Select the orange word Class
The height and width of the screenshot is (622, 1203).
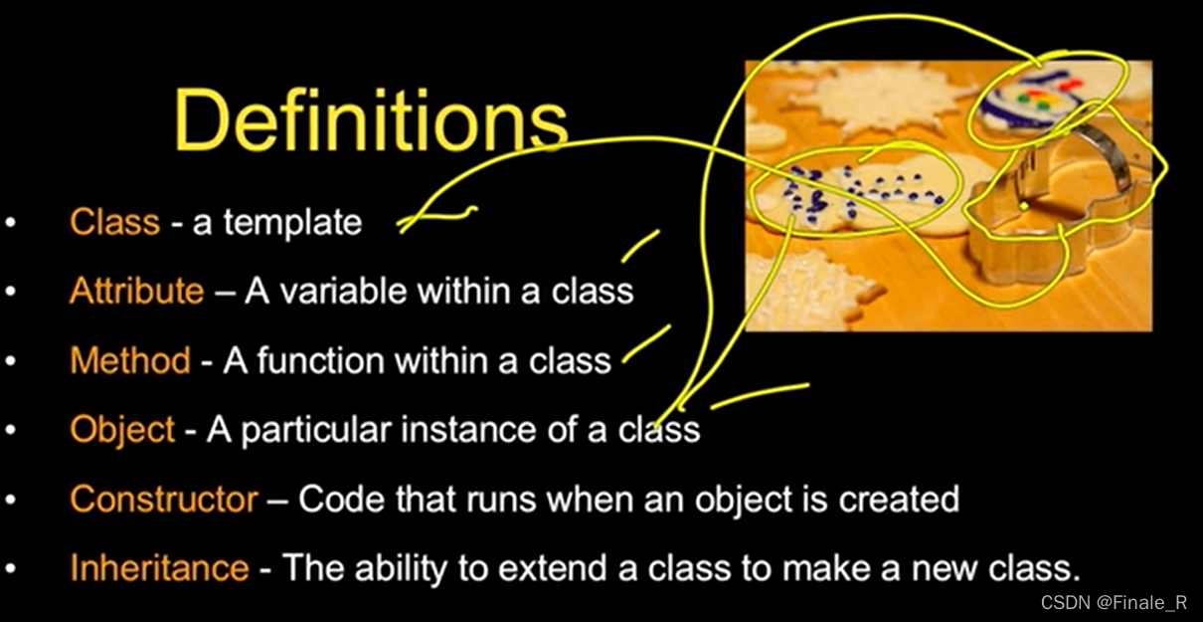[114, 221]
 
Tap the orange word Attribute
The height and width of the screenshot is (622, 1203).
[136, 291]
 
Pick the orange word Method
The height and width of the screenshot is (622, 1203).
[129, 359]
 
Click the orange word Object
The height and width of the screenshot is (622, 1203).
[122, 429]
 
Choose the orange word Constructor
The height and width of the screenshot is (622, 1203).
[164, 498]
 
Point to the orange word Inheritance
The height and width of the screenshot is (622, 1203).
[159, 567]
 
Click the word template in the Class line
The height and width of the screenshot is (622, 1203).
[292, 222]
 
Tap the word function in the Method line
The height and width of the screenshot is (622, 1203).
[320, 359]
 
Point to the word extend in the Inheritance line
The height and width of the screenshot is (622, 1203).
[553, 567]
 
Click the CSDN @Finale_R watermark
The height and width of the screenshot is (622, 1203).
[1114, 603]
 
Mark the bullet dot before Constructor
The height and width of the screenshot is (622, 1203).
[11, 500]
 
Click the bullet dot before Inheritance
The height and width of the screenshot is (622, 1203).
[11, 569]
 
